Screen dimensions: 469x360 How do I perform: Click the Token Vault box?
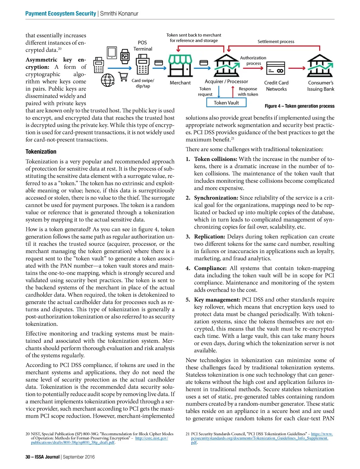coord(226,103)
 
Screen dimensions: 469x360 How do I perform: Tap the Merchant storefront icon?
coord(180,65)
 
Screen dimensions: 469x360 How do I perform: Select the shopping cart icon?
coord(123,77)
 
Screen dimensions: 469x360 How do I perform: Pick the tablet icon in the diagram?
coord(112,52)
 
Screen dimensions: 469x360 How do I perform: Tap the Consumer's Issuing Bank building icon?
coord(320,65)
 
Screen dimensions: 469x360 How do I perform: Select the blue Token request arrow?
coord(219,91)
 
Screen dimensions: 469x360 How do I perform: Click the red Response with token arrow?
coord(233,91)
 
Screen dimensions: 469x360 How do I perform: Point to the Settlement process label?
coord(276,41)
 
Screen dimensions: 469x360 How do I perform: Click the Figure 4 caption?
coord(300,106)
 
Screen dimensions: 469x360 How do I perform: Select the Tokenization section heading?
coord(41,152)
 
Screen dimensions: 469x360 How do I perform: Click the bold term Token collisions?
coord(216,159)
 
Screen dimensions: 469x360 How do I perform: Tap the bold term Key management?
coord(217,300)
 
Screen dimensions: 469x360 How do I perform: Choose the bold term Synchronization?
coord(216,198)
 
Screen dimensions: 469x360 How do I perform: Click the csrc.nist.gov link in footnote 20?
coord(152,438)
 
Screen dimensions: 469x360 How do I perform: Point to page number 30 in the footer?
coord(28,457)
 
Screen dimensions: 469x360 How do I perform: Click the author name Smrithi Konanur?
coord(119,14)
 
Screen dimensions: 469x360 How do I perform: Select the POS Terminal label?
coord(142,46)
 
